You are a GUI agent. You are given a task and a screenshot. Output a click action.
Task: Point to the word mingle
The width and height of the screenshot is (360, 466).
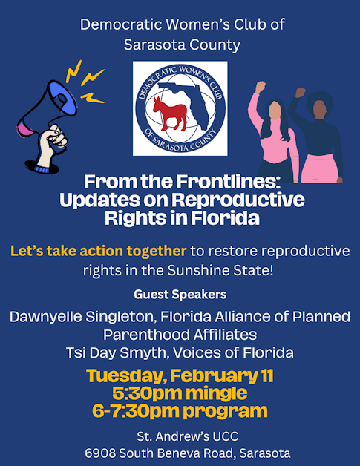[x=215, y=393]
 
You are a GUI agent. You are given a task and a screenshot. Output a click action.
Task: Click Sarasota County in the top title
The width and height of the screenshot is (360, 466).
[x=183, y=45]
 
